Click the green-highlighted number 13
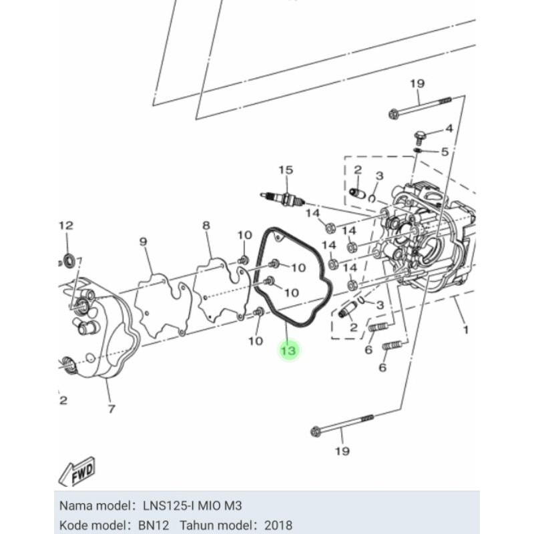tap(289, 350)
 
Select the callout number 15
tap(286, 171)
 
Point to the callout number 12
tap(65, 226)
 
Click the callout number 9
tap(142, 241)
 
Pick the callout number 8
tap(206, 226)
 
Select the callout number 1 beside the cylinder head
tap(465, 329)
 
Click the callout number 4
tap(449, 128)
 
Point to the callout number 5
tap(444, 152)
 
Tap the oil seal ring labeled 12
tap(67, 258)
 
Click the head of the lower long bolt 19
tap(316, 431)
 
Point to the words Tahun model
tap(212, 525)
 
